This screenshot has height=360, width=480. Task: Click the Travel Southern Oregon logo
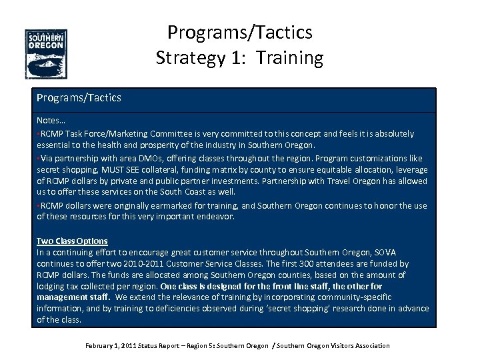[46, 54]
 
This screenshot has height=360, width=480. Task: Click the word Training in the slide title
[291, 58]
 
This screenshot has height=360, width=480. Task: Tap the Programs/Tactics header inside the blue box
[79, 98]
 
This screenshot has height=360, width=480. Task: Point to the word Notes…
[51, 122]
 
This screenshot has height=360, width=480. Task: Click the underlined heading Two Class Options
[72, 241]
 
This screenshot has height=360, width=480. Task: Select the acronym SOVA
[385, 253]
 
